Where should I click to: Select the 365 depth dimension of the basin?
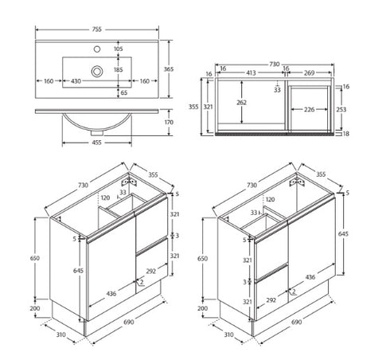(x=168, y=70)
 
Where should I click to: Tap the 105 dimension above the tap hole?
(x=119, y=49)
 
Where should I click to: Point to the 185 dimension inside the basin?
(x=119, y=70)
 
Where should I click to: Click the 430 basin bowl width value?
(x=76, y=80)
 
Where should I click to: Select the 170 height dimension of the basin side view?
(x=168, y=123)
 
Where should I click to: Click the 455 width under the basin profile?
(x=96, y=143)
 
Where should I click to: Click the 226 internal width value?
(x=312, y=111)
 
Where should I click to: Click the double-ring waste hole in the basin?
(x=96, y=71)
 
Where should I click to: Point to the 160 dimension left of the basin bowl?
(x=49, y=80)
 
